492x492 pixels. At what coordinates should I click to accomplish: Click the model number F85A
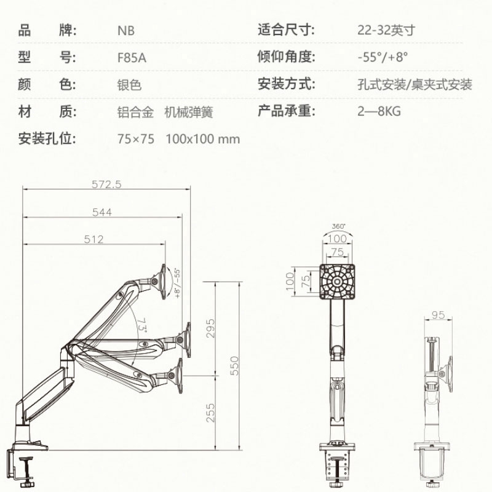[x=132, y=58]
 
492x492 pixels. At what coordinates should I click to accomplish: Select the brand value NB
[x=126, y=31]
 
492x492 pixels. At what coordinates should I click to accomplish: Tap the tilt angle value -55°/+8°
[x=383, y=57]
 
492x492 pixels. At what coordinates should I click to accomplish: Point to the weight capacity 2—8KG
[x=379, y=111]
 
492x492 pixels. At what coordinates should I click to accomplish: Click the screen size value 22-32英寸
[x=386, y=30]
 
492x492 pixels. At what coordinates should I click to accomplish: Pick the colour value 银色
[x=130, y=85]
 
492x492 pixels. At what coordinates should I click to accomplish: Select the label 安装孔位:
[x=47, y=138]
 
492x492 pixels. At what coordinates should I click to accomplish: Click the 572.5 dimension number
[x=106, y=184]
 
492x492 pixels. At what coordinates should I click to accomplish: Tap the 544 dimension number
[x=102, y=212]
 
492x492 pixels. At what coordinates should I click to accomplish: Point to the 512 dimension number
[x=93, y=239]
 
